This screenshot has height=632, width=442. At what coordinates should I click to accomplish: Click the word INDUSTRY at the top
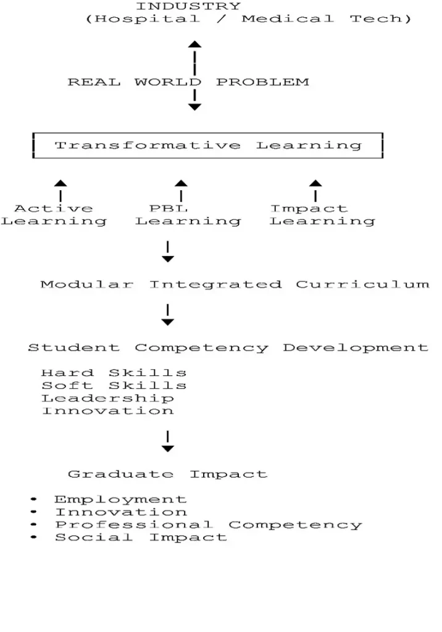pos(188,6)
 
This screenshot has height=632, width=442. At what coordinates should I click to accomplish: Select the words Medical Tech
pos(326,19)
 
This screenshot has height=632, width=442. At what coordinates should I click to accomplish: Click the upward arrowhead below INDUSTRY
pos(195,44)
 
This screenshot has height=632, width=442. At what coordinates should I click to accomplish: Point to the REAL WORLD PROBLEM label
pos(188,82)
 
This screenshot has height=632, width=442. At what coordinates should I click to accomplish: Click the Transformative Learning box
pos(207,133)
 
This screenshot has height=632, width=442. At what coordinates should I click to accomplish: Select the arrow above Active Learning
pos(60,191)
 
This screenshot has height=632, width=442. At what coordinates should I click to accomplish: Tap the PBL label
pos(169,209)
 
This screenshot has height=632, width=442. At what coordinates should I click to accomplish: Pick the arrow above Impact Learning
pos(315,191)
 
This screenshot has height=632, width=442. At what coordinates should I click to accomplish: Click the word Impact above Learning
pos(309,209)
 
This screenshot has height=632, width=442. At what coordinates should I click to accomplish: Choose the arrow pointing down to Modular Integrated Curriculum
pos(168,252)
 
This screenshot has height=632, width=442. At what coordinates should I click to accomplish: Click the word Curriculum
pos(362,285)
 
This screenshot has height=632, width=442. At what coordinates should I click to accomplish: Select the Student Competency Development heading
pos(228,348)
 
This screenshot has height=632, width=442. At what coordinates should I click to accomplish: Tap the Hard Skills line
pos(114,373)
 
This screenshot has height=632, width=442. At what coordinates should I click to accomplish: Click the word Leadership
pos(107,398)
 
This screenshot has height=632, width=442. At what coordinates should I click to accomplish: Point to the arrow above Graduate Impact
pos(168,441)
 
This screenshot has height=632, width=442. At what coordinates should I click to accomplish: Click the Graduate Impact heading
pos(168,474)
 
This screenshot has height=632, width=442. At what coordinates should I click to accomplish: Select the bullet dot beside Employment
pos(33,499)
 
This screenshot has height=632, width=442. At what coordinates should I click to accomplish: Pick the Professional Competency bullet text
pos(209,525)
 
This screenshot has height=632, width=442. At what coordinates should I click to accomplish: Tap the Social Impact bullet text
pos(141,538)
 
